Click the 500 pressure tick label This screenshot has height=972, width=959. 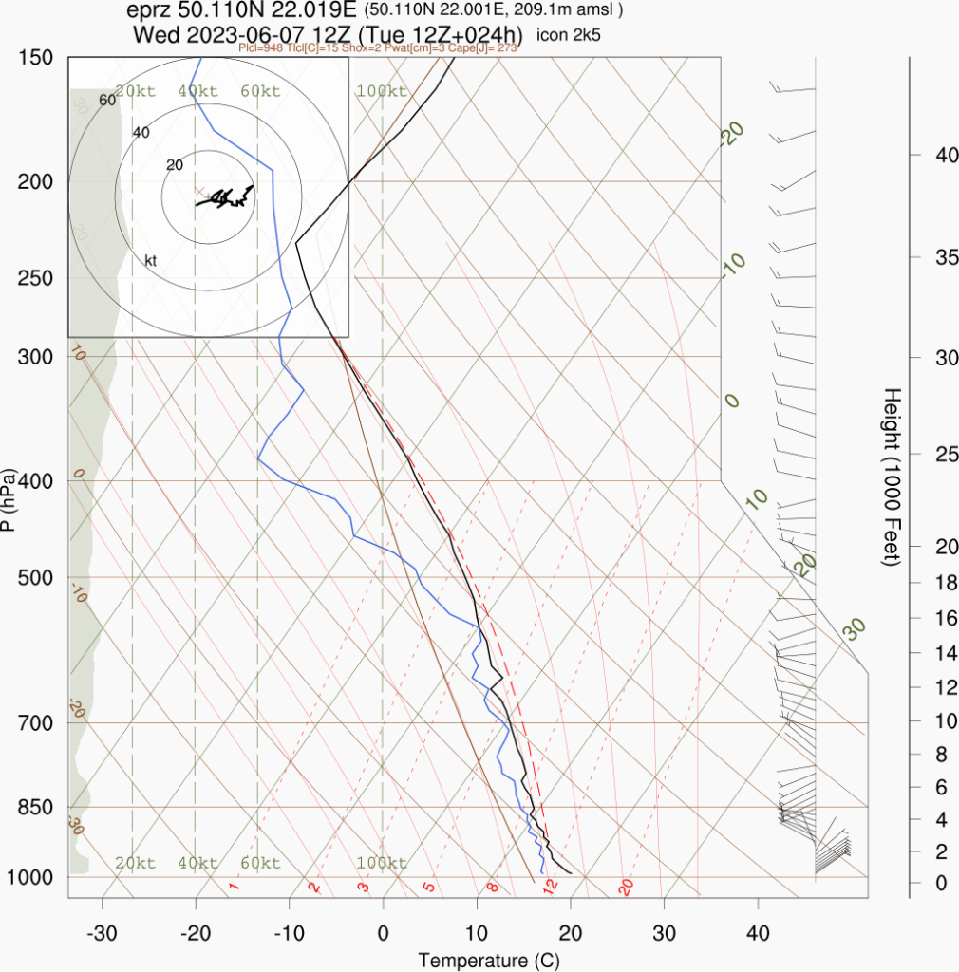coord(36,578)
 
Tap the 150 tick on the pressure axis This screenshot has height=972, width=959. coord(36,58)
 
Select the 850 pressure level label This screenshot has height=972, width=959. coord(36,807)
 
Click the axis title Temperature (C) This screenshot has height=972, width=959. coord(489,960)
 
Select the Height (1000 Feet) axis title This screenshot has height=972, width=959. coord(891,477)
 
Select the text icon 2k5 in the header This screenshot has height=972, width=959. coord(569,36)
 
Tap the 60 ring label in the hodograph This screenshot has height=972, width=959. coord(107,100)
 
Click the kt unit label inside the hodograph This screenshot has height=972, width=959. coord(150,260)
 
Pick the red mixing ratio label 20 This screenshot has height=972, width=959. coord(625,888)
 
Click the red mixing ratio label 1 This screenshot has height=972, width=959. coord(234,888)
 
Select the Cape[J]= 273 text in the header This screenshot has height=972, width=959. coord(488,47)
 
